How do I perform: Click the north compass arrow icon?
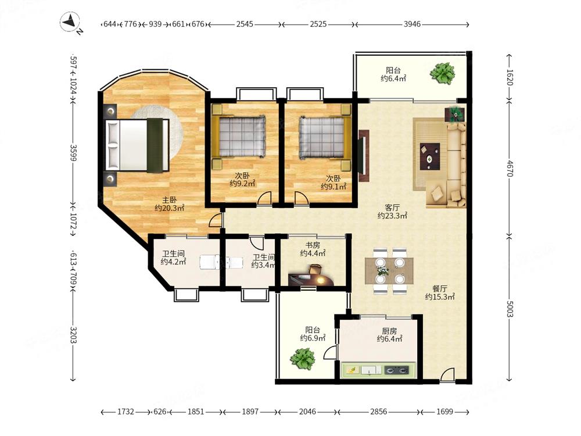point(71,22)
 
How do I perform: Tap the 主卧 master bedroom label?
point(169,200)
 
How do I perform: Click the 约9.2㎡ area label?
point(242,183)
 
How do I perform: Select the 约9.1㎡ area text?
point(333,187)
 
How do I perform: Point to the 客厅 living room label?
point(392,208)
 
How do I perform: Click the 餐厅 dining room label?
point(440,288)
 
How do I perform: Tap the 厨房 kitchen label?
point(389,331)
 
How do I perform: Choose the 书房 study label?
point(313,245)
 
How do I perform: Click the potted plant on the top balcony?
point(442,73)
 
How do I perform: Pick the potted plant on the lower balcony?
point(303,359)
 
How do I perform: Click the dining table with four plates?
point(389,271)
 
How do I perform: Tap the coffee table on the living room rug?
point(430,156)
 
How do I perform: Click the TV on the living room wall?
point(363,155)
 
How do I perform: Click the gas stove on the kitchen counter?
point(396,370)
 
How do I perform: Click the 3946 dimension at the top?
point(412,24)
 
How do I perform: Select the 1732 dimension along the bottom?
point(125,412)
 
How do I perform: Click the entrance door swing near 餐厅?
point(447,374)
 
